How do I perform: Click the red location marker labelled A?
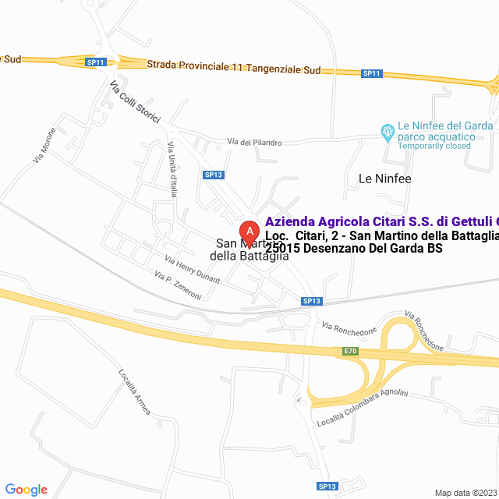point(249,231)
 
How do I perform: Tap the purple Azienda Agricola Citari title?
point(381,221)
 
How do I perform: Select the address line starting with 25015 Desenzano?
point(354,249)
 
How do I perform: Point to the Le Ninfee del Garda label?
point(444,126)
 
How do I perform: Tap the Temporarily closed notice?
point(434,146)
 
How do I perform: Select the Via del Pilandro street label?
point(254,142)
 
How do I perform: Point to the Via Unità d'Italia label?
point(172,168)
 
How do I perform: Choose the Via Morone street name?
point(44,145)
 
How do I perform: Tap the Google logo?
point(26,489)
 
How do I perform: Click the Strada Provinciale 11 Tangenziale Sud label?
point(233,69)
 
